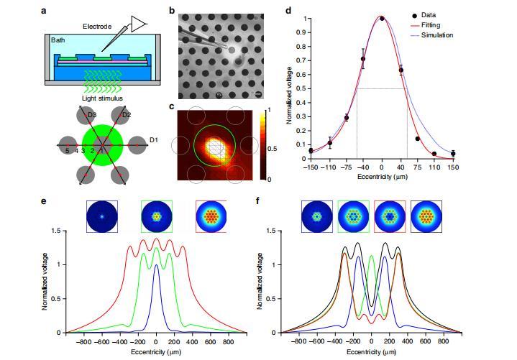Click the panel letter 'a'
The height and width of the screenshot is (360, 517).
coord(45,11)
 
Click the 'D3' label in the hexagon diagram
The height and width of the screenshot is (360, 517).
coord(92,114)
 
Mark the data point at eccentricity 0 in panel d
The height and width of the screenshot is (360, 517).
coord(382,19)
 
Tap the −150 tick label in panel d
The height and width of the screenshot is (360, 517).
coord(311,166)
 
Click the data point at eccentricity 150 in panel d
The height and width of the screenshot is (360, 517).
coord(453,153)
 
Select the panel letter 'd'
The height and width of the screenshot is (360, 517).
coord(288,11)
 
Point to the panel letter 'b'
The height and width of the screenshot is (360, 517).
coord(171,11)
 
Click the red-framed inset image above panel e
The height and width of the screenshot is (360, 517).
coord(211,216)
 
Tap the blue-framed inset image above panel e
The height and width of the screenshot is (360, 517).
coord(101,216)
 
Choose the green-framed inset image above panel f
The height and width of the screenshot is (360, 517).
coord(353,216)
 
